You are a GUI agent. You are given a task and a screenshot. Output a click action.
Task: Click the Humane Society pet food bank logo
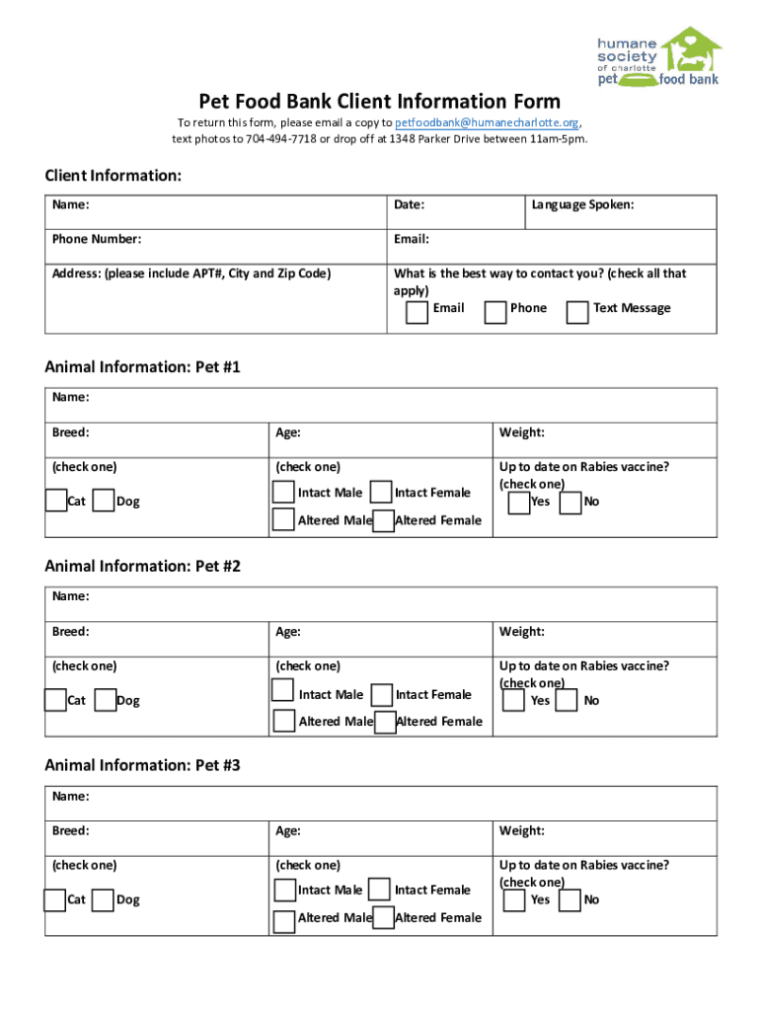click(658, 57)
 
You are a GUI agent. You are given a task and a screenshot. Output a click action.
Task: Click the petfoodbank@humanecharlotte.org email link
click(487, 122)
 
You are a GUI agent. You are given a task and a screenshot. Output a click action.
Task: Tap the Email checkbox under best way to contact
click(418, 312)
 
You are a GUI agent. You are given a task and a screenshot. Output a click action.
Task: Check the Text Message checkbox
click(577, 312)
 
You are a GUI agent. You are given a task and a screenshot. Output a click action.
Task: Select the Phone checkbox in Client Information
click(495, 312)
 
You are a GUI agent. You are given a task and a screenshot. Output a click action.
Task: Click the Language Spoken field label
click(582, 205)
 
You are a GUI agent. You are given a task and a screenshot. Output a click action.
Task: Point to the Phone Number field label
click(97, 239)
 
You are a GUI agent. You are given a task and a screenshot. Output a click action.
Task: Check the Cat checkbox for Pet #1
click(56, 501)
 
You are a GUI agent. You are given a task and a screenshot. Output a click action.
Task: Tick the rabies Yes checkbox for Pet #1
click(517, 503)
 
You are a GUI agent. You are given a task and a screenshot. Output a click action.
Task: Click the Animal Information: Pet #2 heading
click(142, 567)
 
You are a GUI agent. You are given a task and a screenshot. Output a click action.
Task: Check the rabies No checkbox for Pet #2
click(567, 700)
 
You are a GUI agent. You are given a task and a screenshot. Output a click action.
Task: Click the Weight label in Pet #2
click(522, 632)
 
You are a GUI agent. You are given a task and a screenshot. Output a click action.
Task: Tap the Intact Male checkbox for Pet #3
click(283, 890)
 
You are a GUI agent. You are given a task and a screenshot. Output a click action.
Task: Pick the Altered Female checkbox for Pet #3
click(382, 917)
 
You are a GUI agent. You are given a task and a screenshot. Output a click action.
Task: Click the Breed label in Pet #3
click(71, 831)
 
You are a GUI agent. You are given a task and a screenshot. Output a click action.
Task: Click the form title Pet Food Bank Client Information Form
click(380, 101)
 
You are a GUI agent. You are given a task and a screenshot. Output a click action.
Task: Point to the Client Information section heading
click(113, 176)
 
